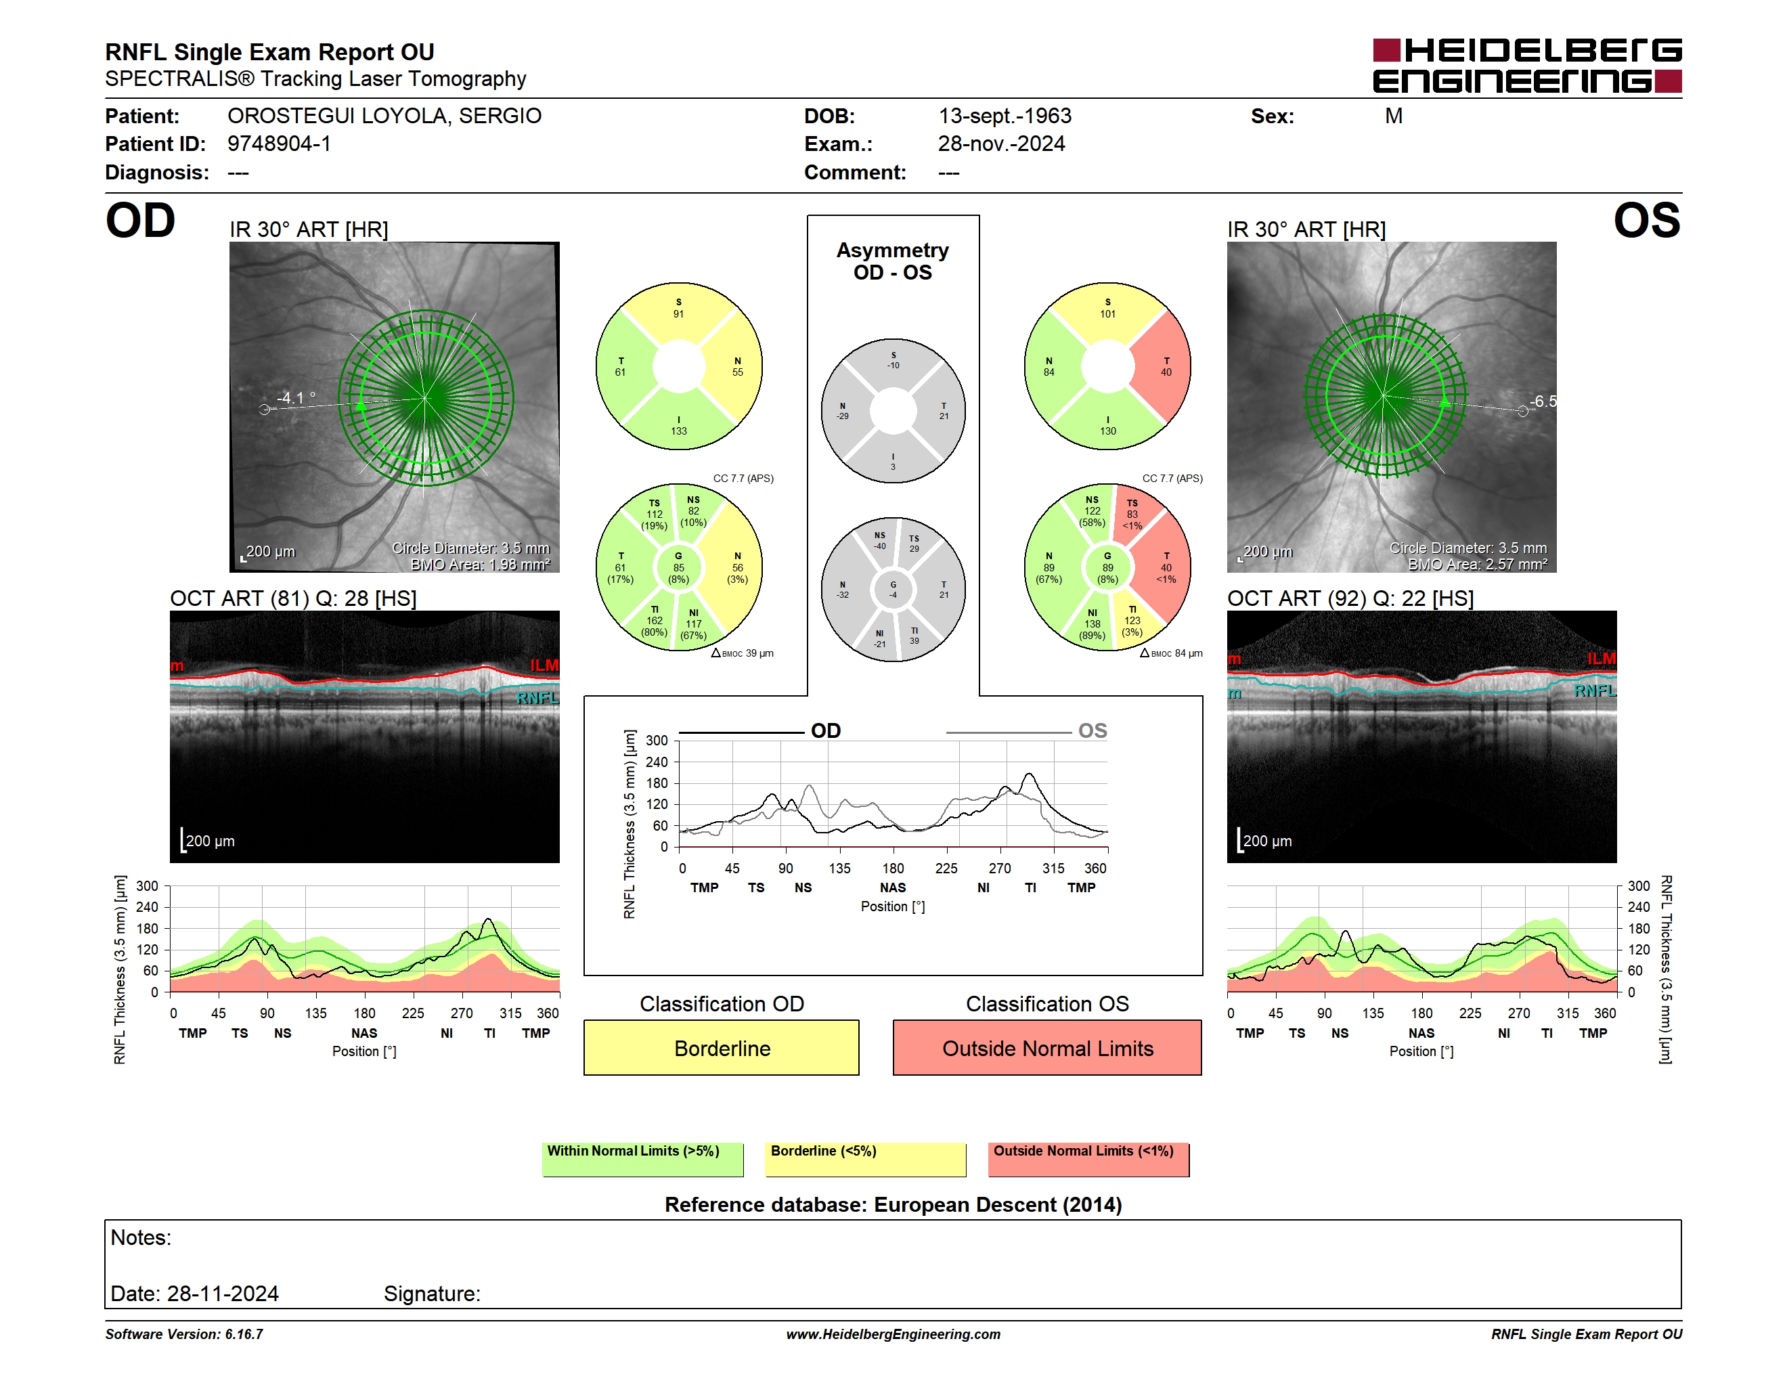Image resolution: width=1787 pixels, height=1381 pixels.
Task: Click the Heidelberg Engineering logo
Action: click(x=1527, y=66)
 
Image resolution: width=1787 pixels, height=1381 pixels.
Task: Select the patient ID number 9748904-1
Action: click(x=279, y=144)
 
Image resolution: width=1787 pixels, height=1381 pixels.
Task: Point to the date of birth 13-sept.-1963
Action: click(x=1004, y=116)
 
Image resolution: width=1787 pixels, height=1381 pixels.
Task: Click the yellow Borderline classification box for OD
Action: click(x=721, y=1047)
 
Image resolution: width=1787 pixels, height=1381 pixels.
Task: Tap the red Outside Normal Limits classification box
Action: click(x=1047, y=1047)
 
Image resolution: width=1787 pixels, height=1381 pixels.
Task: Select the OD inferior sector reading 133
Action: click(x=679, y=425)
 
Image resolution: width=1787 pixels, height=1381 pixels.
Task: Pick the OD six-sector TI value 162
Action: click(x=655, y=621)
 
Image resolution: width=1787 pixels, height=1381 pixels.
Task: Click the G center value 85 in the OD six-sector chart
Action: click(x=678, y=567)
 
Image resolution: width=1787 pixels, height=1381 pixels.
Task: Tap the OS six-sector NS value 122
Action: click(x=1093, y=511)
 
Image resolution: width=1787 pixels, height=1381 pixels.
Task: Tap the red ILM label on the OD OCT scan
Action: click(x=544, y=665)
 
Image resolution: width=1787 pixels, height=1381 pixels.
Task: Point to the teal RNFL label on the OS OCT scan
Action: click(x=1595, y=691)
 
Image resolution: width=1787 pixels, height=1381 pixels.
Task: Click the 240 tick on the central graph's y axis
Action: click(x=657, y=762)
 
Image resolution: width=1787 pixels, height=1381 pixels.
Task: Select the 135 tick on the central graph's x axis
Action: click(x=839, y=868)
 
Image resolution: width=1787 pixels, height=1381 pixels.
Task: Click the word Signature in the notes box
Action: click(x=432, y=1294)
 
